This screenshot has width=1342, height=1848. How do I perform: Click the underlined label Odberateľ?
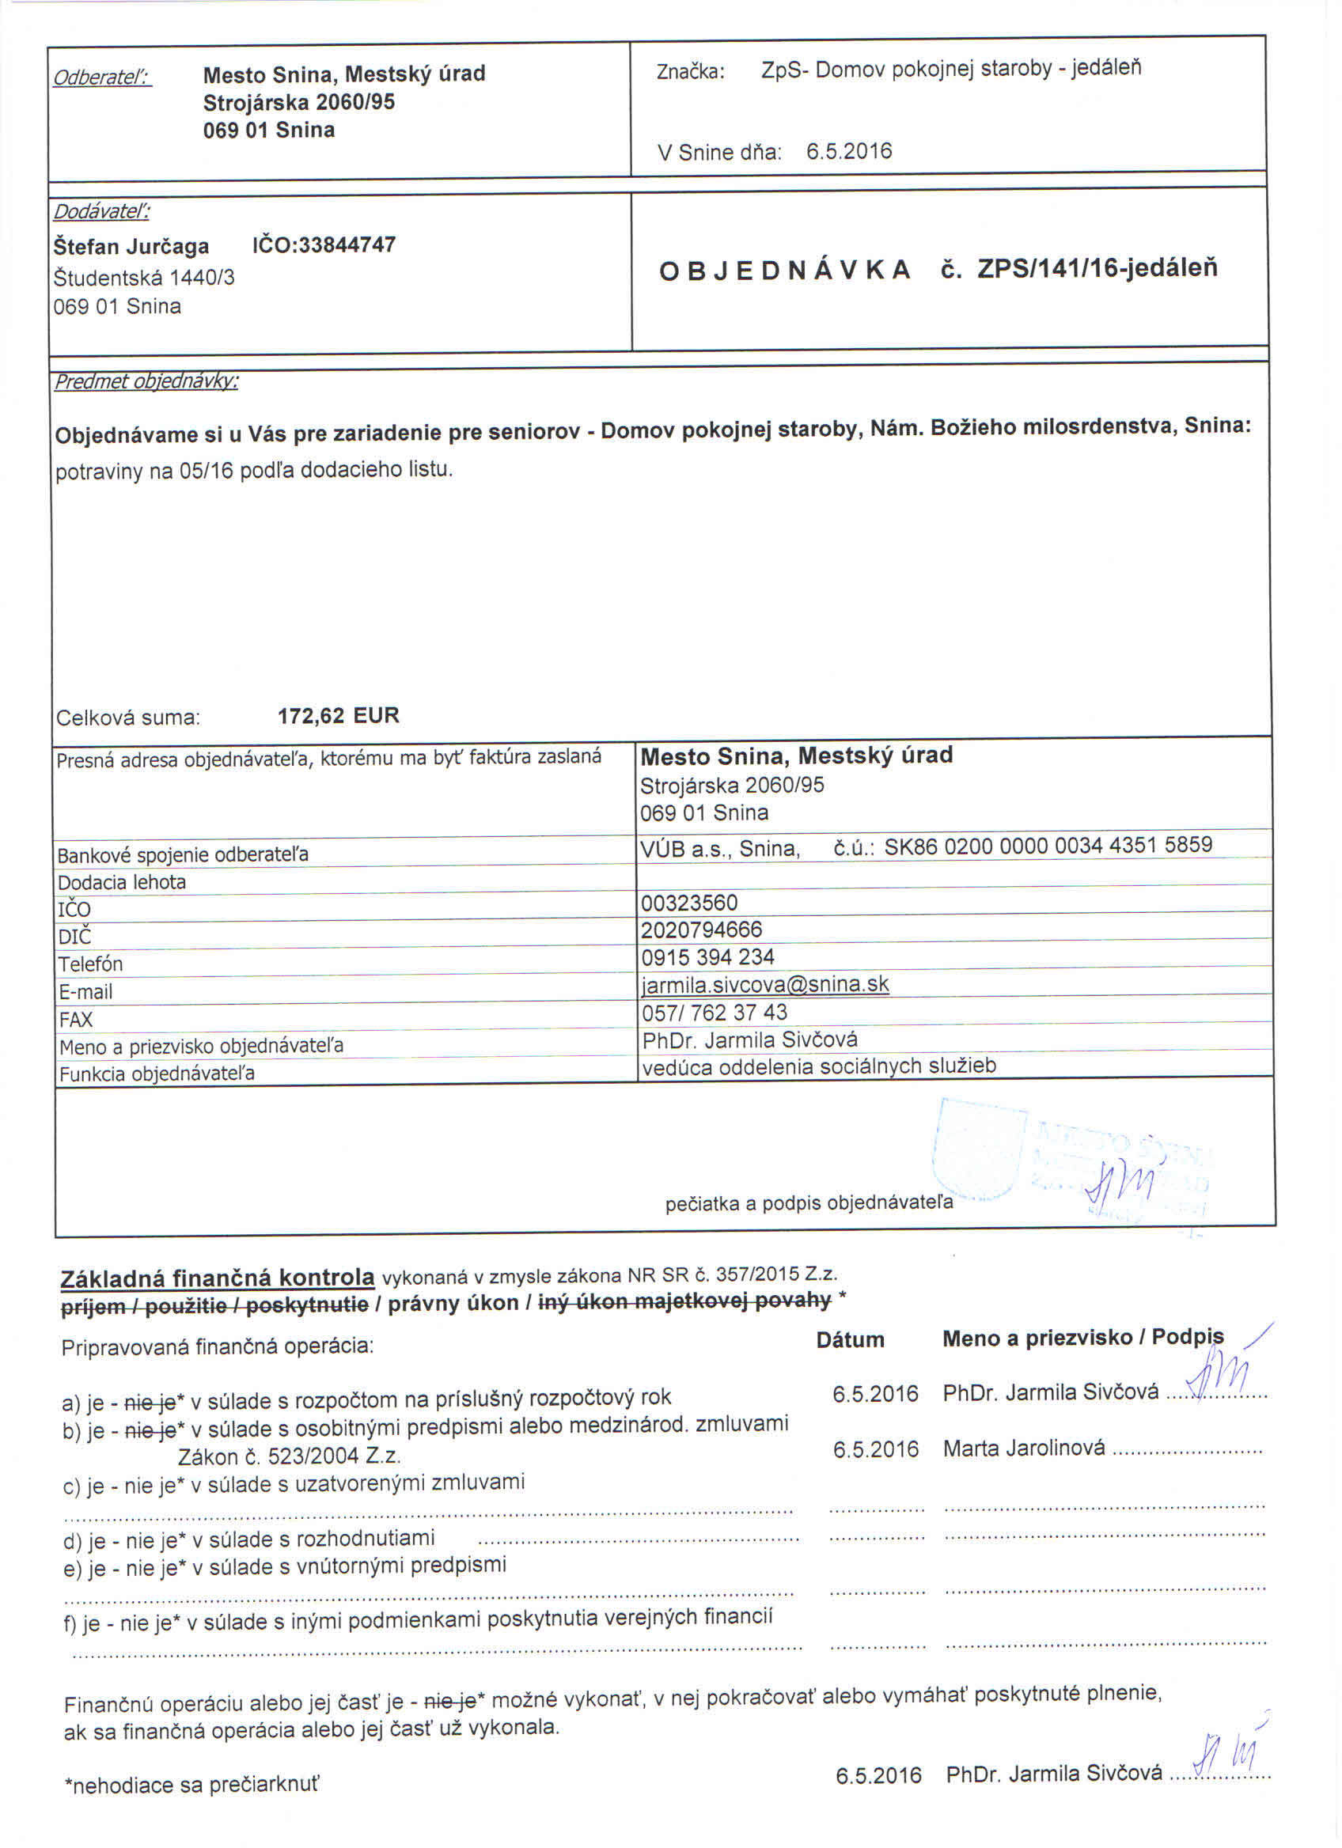coord(102,78)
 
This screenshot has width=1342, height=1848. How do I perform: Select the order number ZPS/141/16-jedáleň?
coord(1097,268)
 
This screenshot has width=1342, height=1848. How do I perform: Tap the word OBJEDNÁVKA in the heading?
coord(784,271)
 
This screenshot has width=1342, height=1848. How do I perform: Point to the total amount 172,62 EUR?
coord(338,715)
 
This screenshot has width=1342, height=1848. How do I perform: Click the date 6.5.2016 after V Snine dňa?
coord(849,152)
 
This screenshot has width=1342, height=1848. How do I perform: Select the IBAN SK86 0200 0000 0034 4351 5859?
coord(1048,845)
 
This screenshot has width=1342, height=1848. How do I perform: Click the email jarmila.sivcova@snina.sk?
coord(764,984)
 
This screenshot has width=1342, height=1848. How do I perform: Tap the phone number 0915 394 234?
coord(707,956)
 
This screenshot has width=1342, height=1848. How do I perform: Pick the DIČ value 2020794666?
coord(702,930)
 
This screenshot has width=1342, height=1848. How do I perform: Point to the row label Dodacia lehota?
coord(121,881)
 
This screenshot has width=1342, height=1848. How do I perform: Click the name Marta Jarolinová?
coord(1023,1448)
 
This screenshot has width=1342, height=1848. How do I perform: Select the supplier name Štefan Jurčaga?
coord(131,246)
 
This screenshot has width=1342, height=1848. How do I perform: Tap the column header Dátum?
coord(850,1339)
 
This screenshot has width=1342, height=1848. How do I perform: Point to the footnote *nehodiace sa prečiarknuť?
coord(191,1785)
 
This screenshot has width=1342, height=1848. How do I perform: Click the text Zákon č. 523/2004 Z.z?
coord(290,1456)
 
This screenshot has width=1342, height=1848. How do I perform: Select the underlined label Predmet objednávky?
coord(146,381)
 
